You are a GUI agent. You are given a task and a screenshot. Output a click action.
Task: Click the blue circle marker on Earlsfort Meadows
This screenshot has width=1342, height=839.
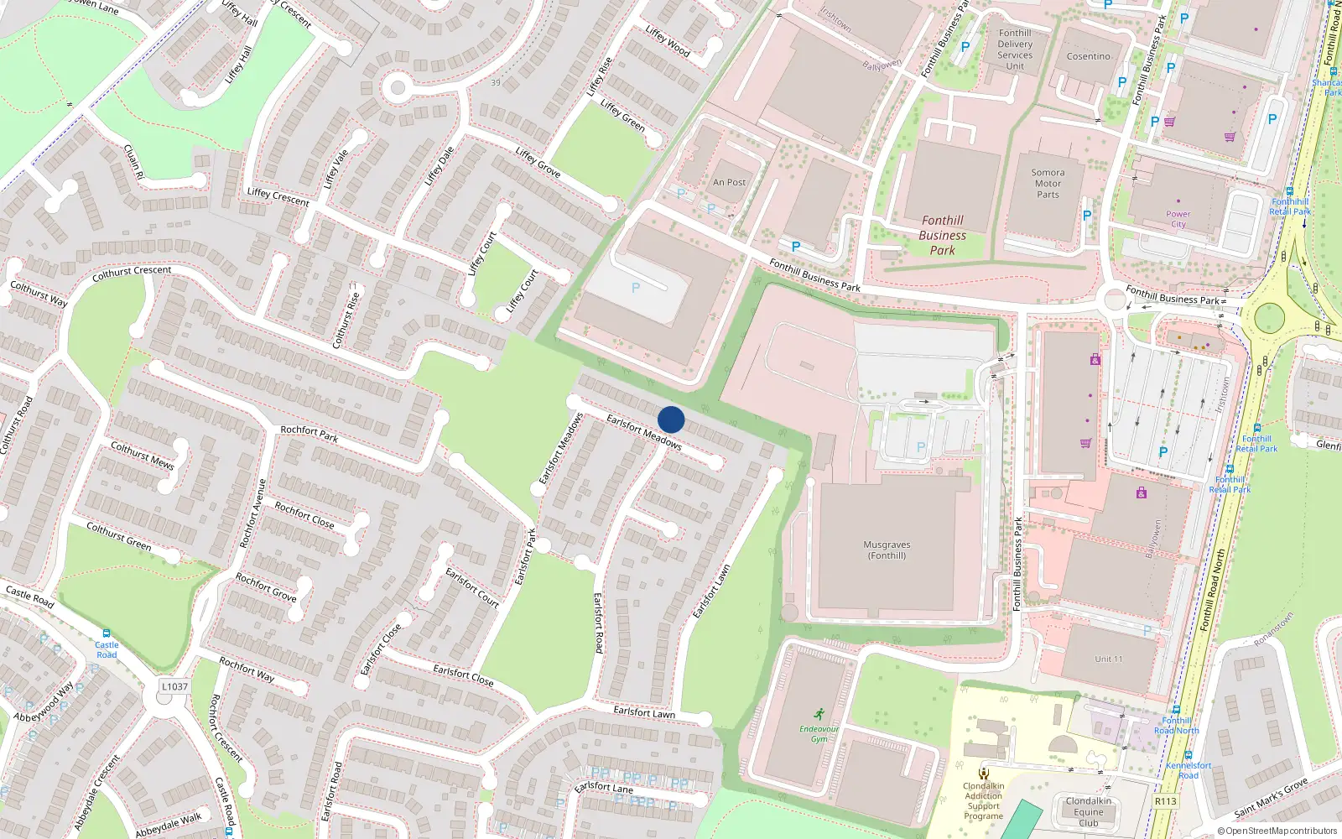point(671,419)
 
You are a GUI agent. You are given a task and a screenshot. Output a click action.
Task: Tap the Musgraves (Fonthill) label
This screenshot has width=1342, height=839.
point(887,550)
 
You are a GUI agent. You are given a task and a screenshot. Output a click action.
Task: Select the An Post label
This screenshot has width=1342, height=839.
point(729,182)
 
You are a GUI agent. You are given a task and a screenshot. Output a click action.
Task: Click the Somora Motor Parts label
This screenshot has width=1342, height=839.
point(1048,184)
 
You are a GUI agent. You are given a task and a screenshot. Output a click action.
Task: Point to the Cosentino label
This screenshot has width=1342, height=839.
point(1088,56)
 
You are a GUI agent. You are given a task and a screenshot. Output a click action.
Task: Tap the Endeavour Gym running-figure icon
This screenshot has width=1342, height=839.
point(819,715)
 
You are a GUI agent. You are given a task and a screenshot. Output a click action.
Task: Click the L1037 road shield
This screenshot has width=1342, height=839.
point(174,686)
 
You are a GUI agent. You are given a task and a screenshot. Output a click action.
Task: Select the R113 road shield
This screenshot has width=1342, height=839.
point(1165,801)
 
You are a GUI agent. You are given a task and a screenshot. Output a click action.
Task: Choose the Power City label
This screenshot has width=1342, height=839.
point(1178,219)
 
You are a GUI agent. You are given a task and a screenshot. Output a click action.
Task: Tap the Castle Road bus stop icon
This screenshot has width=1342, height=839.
point(107,633)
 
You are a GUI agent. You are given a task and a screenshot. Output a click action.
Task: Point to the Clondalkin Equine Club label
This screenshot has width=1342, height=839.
point(1089,811)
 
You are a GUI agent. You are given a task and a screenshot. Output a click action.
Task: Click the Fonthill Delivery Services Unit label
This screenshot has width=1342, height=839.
point(1015,50)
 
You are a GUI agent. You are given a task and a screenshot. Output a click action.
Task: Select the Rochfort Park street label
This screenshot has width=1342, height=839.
point(309,434)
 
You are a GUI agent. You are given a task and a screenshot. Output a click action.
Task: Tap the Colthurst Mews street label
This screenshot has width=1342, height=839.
point(143,455)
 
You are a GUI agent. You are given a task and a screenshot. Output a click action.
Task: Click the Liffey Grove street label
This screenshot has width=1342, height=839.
point(538,162)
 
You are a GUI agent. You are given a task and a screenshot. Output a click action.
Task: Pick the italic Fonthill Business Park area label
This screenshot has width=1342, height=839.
point(942,235)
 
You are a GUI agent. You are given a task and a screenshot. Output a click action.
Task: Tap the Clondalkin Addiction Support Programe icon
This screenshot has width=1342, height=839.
point(984,774)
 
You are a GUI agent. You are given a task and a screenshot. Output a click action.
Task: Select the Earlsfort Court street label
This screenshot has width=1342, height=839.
point(472,587)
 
